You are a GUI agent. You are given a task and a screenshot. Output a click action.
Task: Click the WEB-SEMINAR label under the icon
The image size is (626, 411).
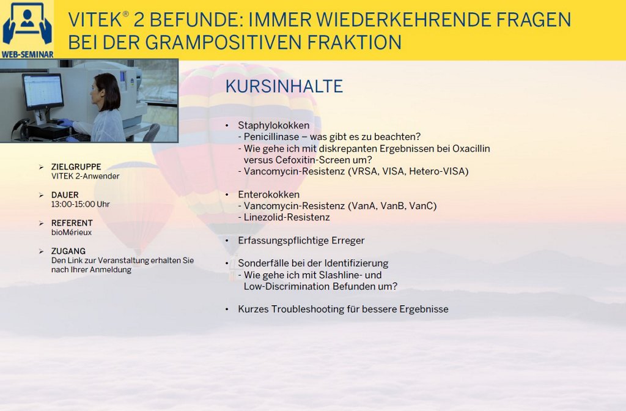click(27, 54)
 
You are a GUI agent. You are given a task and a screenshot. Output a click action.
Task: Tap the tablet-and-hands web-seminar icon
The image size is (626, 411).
click(27, 24)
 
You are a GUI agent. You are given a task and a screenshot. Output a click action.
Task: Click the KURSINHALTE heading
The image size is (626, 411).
click(284, 86)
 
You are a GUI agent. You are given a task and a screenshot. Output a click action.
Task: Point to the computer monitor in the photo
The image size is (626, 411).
click(43, 92)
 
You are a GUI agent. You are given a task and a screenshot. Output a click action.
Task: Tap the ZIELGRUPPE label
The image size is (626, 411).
click(76, 166)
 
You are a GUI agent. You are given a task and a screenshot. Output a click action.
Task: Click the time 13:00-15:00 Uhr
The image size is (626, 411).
click(80, 204)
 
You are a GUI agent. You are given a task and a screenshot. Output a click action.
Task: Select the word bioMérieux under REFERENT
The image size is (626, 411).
click(72, 232)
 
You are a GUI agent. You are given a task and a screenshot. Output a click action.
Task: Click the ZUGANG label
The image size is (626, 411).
click(68, 251)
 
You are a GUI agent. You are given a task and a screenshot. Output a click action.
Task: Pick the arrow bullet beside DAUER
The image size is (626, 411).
click(41, 195)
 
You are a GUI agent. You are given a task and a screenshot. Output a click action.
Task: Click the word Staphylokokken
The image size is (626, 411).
click(273, 125)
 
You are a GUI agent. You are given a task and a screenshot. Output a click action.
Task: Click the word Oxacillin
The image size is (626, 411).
click(471, 149)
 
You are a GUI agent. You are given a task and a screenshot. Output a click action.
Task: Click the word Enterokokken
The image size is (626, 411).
click(269, 194)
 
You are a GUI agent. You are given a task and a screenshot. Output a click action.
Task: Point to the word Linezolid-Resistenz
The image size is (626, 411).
click(287, 217)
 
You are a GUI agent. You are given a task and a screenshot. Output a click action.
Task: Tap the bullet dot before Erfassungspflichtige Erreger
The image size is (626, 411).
click(227, 241)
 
